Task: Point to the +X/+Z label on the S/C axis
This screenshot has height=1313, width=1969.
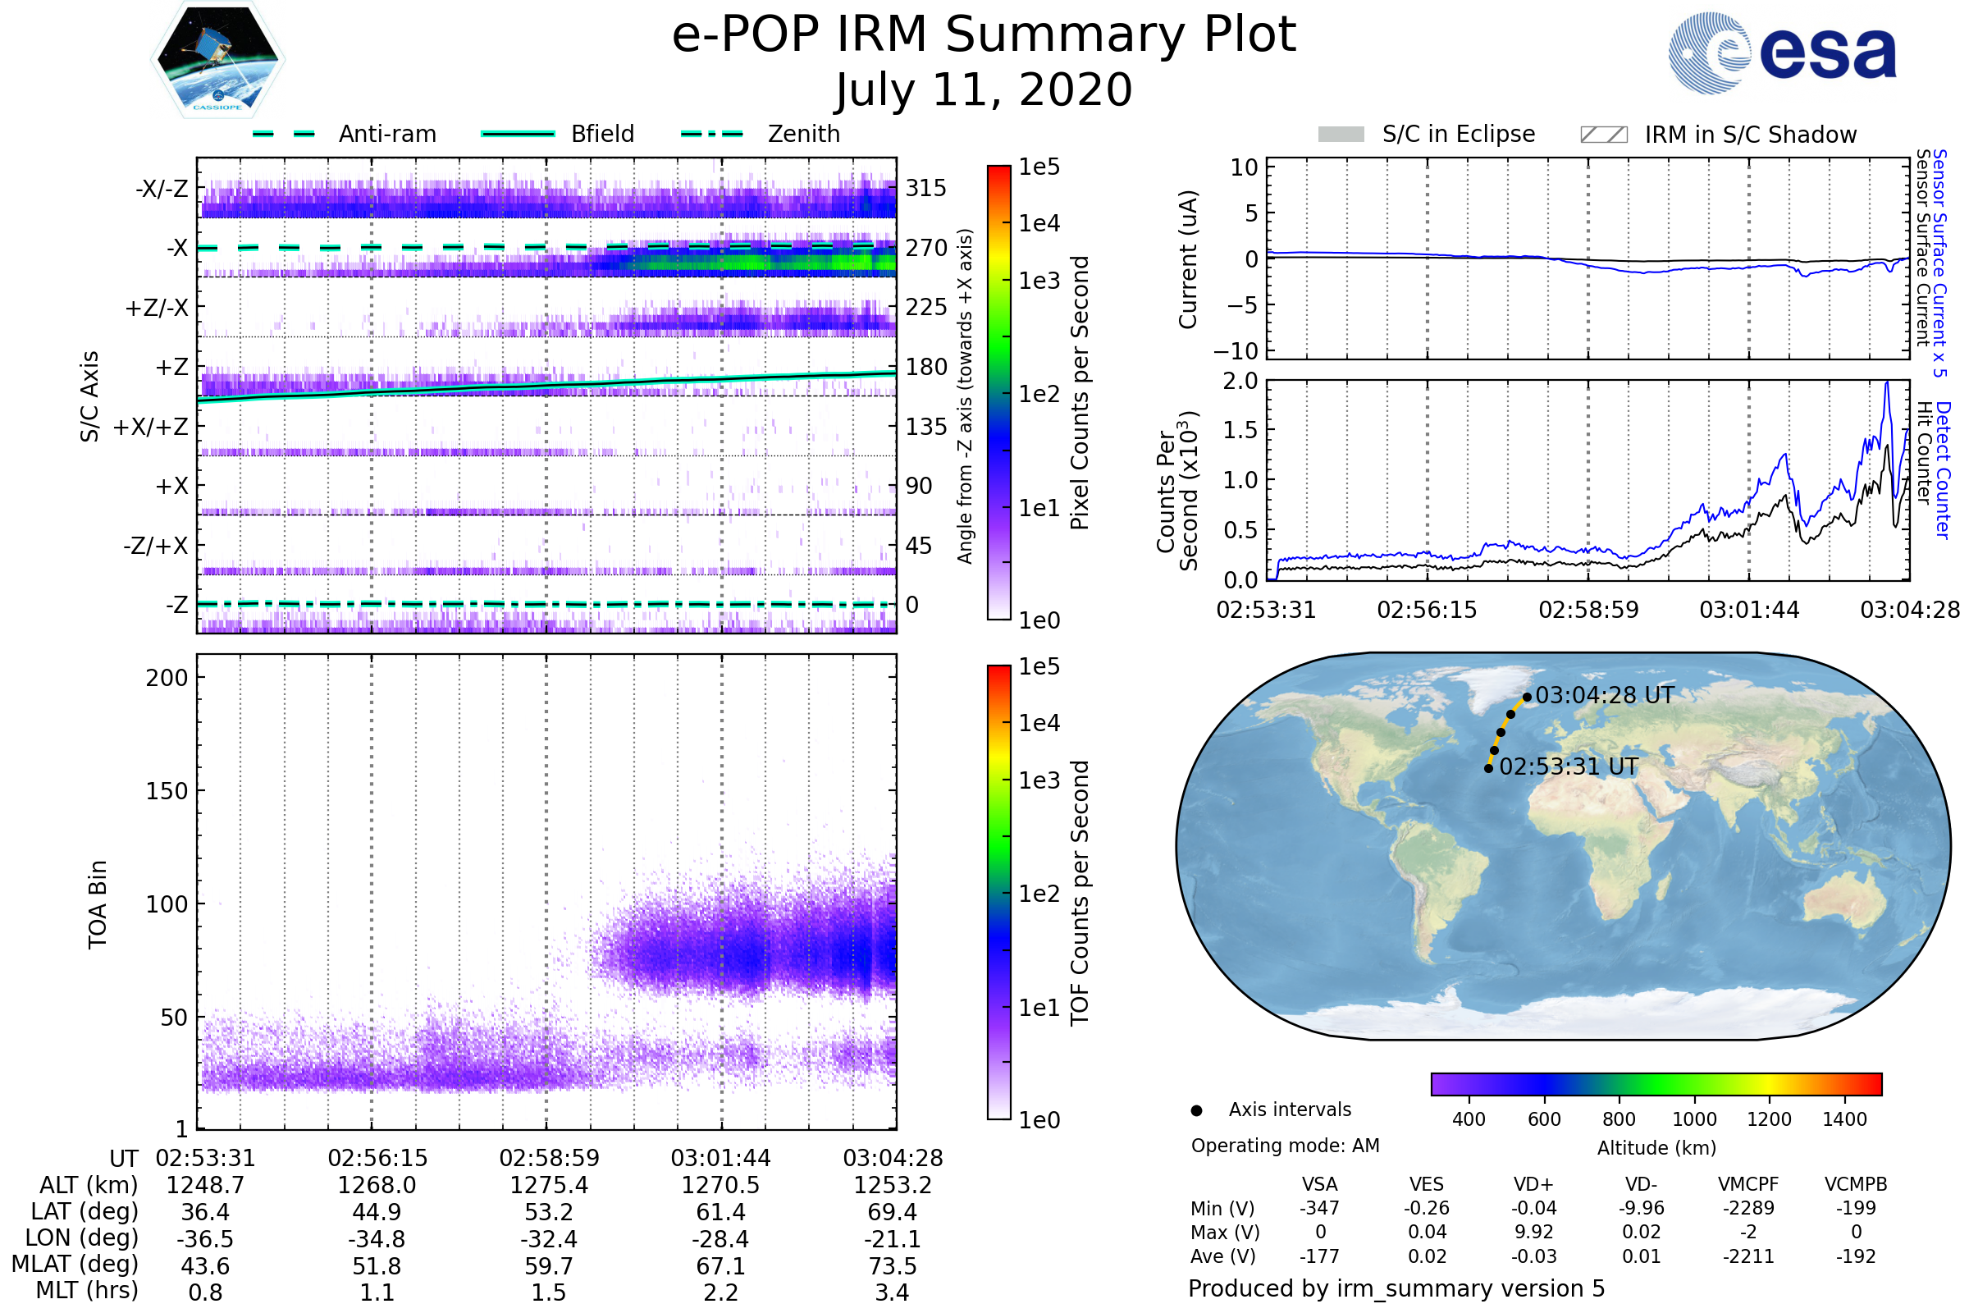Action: coord(151,427)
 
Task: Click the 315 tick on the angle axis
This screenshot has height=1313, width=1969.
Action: coord(926,188)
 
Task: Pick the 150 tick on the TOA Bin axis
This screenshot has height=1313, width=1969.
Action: coord(167,791)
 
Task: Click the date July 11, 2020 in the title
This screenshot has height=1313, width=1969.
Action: coord(984,89)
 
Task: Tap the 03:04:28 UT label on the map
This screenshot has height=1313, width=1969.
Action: coord(1604,696)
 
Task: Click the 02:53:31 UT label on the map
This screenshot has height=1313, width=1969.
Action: coord(1568,767)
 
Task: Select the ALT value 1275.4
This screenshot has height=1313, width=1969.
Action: coord(549,1185)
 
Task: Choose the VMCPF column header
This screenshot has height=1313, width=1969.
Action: coord(1748,1185)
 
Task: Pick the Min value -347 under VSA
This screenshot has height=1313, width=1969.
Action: coord(1319,1208)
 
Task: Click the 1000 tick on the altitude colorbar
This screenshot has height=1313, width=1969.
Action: coord(1694,1119)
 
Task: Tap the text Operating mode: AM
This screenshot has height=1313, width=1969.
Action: coord(1285,1146)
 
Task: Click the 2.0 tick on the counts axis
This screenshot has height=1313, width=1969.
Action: coord(1240,382)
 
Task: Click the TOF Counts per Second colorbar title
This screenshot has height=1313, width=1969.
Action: coord(1080,893)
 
